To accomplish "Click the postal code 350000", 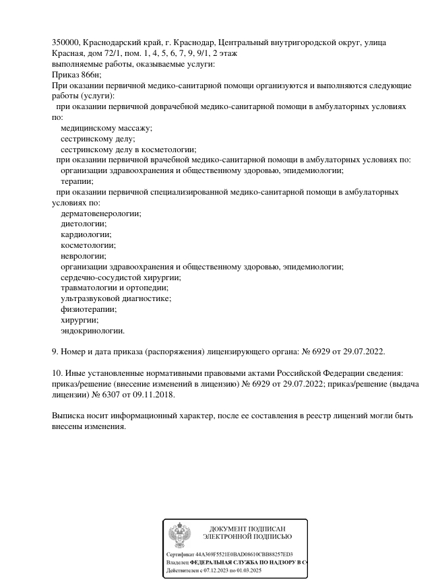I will (x=65, y=42).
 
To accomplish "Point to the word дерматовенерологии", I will (x=101, y=214).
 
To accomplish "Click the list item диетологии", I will (x=84, y=224).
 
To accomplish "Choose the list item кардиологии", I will (x=86, y=235).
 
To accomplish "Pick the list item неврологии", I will (x=84, y=257).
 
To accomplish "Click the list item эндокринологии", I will (x=93, y=331).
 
